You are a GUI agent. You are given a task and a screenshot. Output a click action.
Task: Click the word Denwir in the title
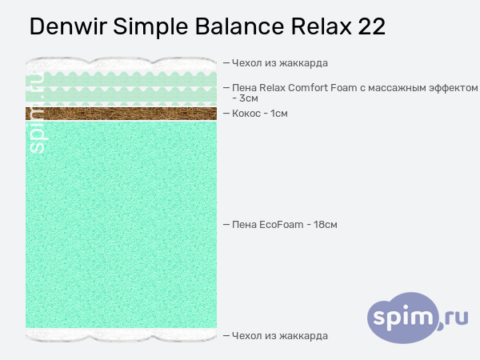[x=67, y=27]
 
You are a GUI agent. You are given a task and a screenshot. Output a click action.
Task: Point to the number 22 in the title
[x=372, y=27]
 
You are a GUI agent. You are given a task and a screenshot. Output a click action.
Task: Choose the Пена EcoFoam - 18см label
[x=284, y=225]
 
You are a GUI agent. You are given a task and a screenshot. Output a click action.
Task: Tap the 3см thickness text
[x=249, y=98]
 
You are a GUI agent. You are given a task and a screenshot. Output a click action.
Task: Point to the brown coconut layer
[x=121, y=114]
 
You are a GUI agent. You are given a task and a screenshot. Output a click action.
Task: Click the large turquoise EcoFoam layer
[x=121, y=224]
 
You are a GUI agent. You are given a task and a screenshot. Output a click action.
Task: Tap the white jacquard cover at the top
[x=121, y=63]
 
